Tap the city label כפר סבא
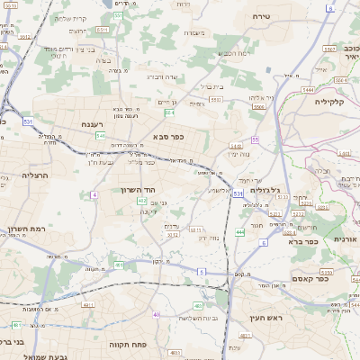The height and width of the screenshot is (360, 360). [x=169, y=138]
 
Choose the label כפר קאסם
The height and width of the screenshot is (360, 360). [x=312, y=280]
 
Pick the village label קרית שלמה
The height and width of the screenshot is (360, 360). [x=70, y=19]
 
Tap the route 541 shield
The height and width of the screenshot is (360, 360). [x=99, y=135]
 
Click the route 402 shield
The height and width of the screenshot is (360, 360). [x=141, y=201]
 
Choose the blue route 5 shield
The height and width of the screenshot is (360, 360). [x=202, y=271]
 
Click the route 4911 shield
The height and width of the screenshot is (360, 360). [x=119, y=265]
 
